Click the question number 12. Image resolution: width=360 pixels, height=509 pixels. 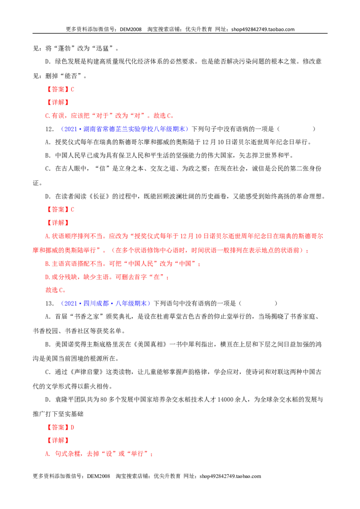point(49,129)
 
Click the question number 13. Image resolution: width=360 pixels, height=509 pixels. point(49,304)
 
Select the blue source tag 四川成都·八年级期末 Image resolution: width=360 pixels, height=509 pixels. point(105,303)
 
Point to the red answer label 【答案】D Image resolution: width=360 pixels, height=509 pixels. point(60,427)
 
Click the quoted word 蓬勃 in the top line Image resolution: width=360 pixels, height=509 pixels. point(64,49)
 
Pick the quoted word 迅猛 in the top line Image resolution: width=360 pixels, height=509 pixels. point(102,49)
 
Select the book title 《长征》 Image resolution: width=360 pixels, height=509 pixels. point(101,196)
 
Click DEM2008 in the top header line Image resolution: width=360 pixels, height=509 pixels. point(130,29)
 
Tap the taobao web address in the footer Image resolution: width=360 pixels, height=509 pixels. point(230,476)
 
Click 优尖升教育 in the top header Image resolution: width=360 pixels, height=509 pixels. point(198,29)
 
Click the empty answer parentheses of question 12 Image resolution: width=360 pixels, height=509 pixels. point(296,129)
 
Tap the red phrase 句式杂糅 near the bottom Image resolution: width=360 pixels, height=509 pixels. point(68,454)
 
